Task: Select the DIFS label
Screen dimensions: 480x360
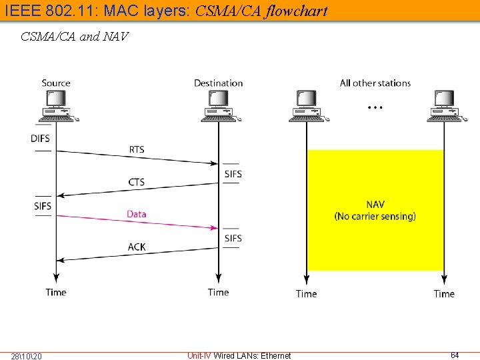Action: (x=40, y=138)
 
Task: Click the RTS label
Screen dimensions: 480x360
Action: (x=136, y=149)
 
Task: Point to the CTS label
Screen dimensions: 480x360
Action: (x=136, y=182)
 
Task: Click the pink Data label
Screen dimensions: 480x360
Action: (x=136, y=214)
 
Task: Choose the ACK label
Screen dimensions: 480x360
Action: (x=136, y=247)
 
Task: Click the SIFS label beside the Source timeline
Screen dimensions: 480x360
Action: (x=43, y=206)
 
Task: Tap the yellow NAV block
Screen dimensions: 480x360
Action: (x=375, y=210)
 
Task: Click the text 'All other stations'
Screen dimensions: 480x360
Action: (x=375, y=83)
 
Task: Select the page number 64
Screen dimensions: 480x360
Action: (x=455, y=355)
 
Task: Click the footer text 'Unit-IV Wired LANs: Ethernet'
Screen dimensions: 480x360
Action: (x=239, y=355)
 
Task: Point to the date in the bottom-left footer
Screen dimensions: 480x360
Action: (x=26, y=356)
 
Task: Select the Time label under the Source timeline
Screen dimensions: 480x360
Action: (x=56, y=292)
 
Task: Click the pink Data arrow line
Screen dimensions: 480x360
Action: (x=137, y=223)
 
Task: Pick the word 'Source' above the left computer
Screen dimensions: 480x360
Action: (x=56, y=83)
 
